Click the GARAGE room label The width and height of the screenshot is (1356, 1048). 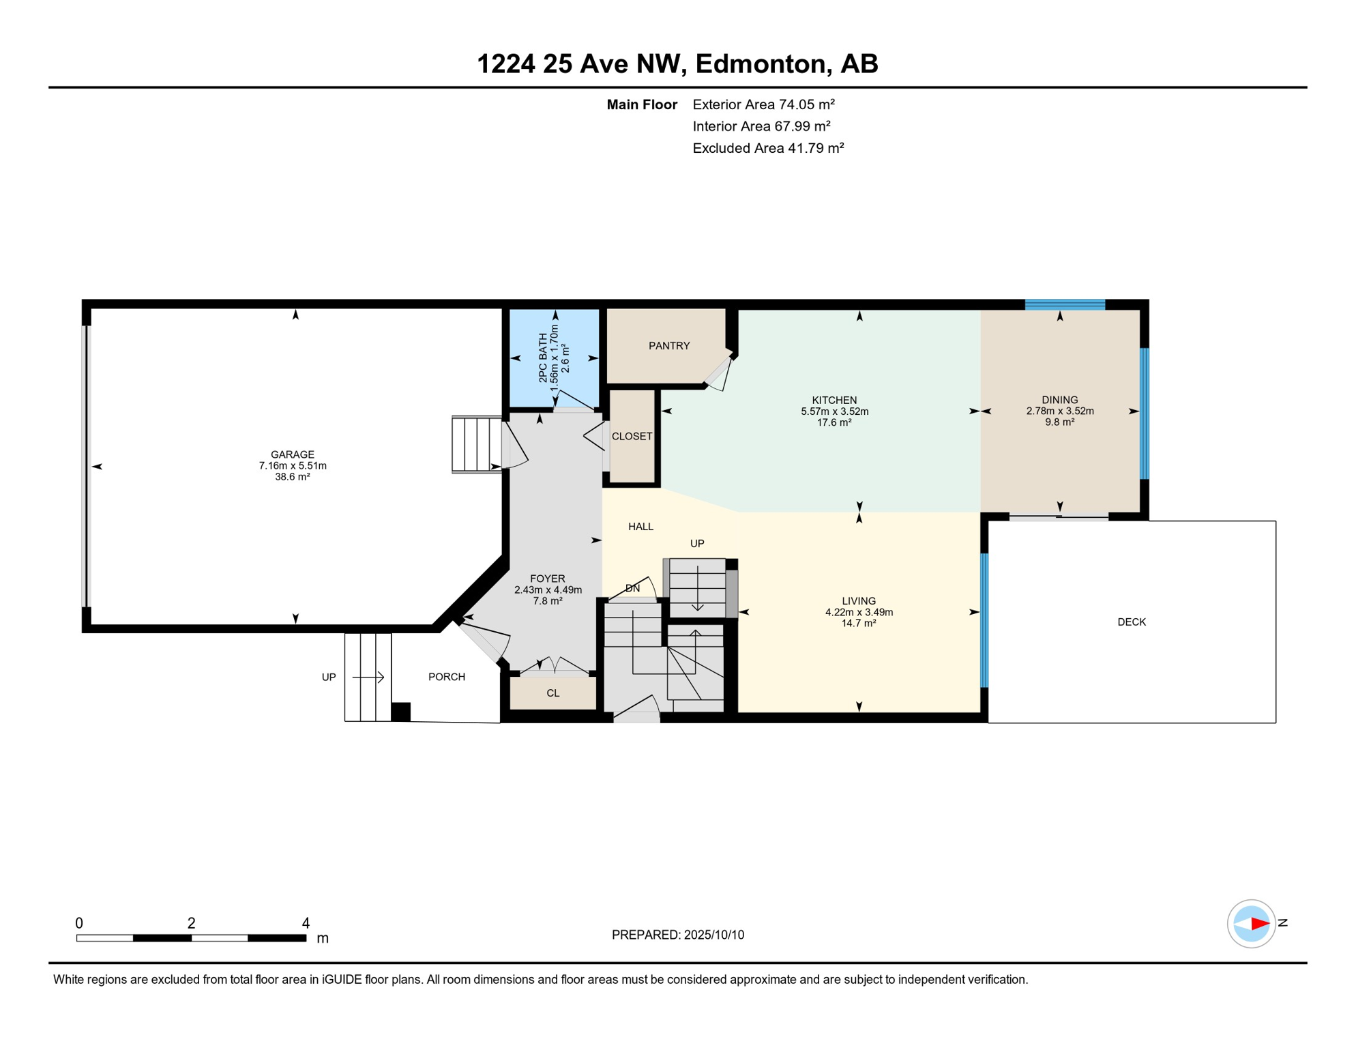(x=292, y=454)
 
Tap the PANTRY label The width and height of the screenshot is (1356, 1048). (x=669, y=346)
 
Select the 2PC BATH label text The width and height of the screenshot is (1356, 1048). (x=543, y=358)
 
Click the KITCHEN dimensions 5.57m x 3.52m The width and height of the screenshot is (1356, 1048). (x=834, y=411)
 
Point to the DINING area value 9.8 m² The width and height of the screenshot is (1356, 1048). (x=1059, y=422)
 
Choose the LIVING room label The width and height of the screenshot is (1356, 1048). (x=859, y=601)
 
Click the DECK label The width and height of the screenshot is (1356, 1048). (x=1132, y=622)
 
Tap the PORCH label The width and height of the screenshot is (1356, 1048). (x=447, y=677)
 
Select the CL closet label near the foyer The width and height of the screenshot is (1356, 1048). (x=553, y=693)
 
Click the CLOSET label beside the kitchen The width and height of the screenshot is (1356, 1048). (x=632, y=437)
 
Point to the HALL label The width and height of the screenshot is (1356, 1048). (x=640, y=527)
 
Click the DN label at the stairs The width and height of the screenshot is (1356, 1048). (x=633, y=588)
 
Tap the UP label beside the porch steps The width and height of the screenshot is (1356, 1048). (x=329, y=678)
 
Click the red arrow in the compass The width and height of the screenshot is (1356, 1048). (x=1260, y=924)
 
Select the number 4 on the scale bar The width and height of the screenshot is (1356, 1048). (x=306, y=923)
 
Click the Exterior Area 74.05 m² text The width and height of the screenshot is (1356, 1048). (x=764, y=104)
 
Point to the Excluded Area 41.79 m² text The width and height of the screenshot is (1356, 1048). (x=769, y=148)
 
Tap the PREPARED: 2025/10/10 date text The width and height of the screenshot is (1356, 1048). (x=678, y=935)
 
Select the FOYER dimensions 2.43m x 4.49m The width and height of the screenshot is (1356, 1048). (x=548, y=590)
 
